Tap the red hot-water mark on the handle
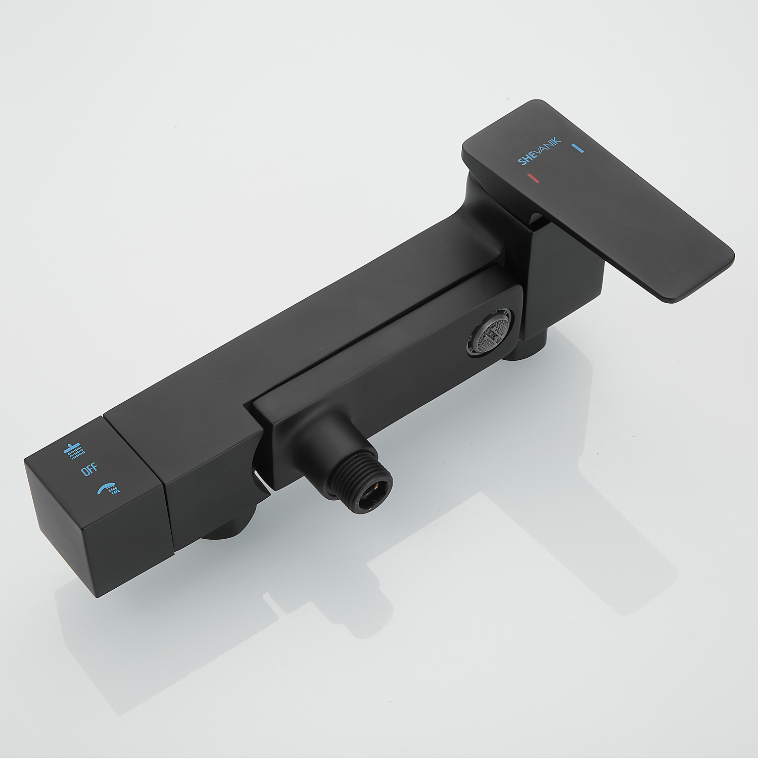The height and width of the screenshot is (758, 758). click(533, 178)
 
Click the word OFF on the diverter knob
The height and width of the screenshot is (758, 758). click(89, 469)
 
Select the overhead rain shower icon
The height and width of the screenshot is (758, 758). click(74, 449)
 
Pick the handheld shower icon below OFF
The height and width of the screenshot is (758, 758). click(108, 488)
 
